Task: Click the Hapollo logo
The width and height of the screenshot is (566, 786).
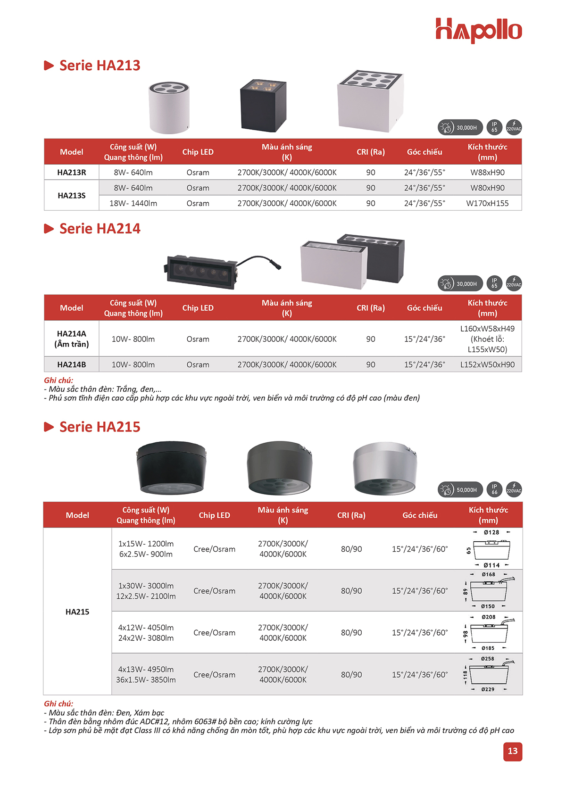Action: click(x=478, y=31)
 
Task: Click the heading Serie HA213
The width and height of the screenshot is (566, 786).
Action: click(x=100, y=66)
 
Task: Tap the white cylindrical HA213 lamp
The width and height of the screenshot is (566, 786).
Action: click(x=169, y=108)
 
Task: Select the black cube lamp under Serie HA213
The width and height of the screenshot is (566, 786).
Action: click(x=263, y=105)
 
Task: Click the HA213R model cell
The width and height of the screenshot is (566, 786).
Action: click(x=72, y=173)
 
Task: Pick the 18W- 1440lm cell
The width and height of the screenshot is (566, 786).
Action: click(x=133, y=203)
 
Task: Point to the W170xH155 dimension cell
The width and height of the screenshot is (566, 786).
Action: click(x=487, y=203)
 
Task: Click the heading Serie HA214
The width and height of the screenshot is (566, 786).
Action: click(x=100, y=229)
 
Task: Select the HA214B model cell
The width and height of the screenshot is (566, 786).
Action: click(x=72, y=364)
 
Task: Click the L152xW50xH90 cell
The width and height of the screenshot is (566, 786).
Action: click(x=487, y=364)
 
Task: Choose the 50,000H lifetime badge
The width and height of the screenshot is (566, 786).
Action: click(x=460, y=490)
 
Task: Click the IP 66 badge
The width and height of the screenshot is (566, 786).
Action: click(x=494, y=489)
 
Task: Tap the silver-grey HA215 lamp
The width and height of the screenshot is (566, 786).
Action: click(x=384, y=468)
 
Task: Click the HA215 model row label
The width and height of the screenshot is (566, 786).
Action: click(x=77, y=612)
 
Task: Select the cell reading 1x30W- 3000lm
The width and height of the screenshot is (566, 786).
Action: click(x=146, y=586)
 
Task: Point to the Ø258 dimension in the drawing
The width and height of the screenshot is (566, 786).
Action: click(x=488, y=659)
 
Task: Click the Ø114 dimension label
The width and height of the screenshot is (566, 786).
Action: click(x=491, y=565)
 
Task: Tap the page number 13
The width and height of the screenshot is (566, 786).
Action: click(x=512, y=751)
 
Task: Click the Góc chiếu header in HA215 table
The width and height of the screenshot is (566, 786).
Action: click(x=420, y=515)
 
